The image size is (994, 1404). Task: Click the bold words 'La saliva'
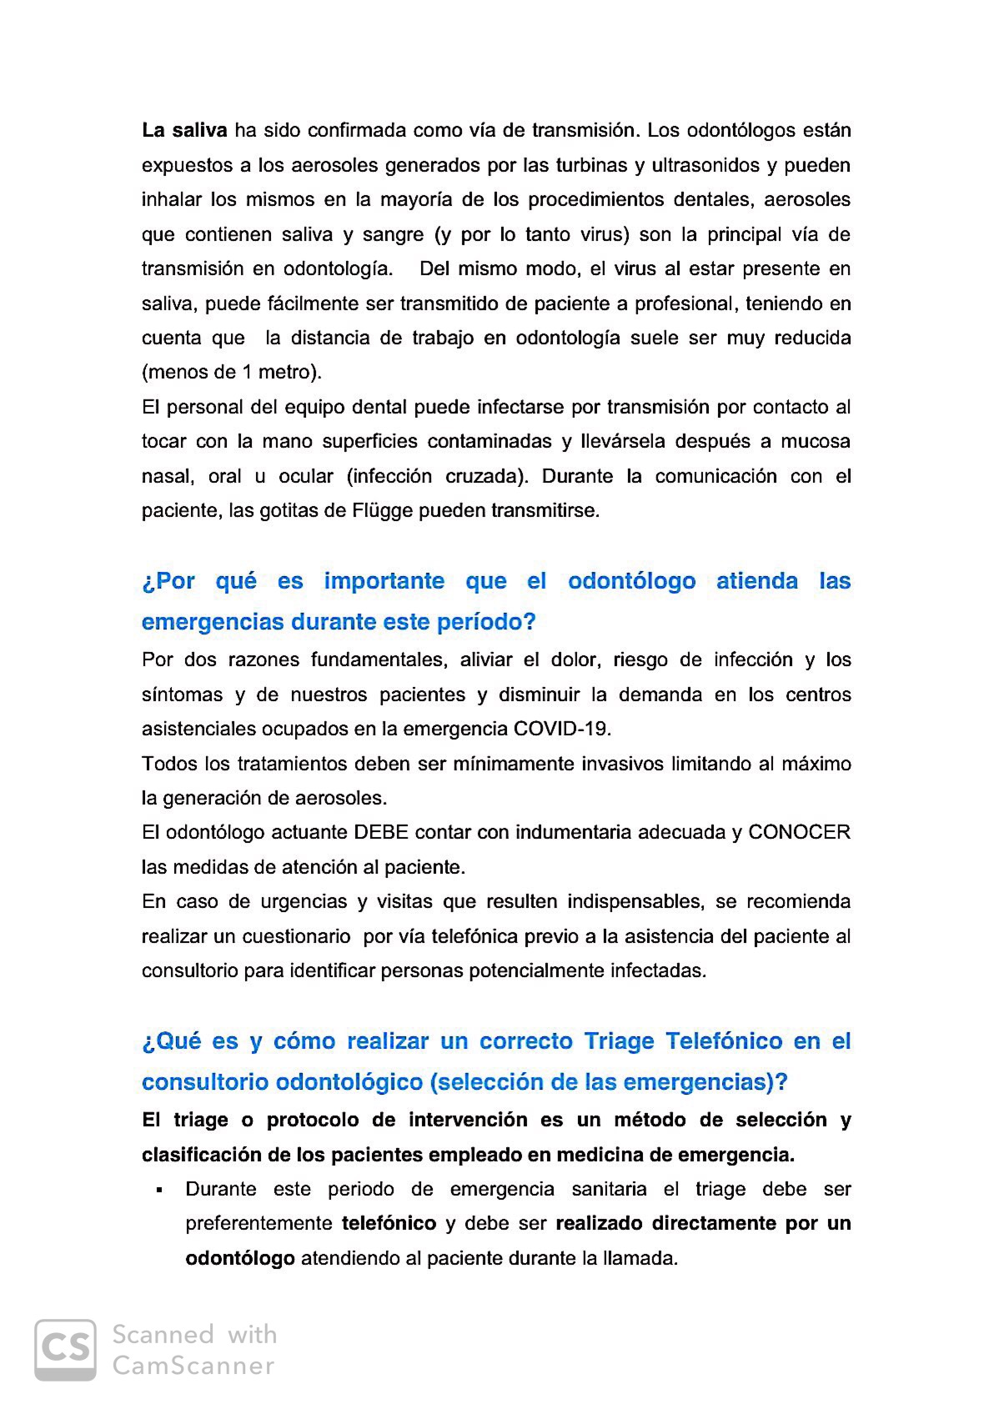pos(184,131)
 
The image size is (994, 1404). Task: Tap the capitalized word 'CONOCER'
pos(799,832)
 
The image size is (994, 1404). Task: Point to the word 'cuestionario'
pos(296,936)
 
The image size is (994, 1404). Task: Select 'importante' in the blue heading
pos(384,581)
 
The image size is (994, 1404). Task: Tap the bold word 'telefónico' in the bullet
pos(389,1223)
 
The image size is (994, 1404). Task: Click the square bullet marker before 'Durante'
pos(158,1190)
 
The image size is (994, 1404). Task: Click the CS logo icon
pos(65,1350)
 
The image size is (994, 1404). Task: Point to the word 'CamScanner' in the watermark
pos(193,1366)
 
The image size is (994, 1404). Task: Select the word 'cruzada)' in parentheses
pos(487,476)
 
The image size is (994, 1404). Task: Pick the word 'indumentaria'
pos(573,832)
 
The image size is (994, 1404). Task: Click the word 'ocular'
pos(306,476)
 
